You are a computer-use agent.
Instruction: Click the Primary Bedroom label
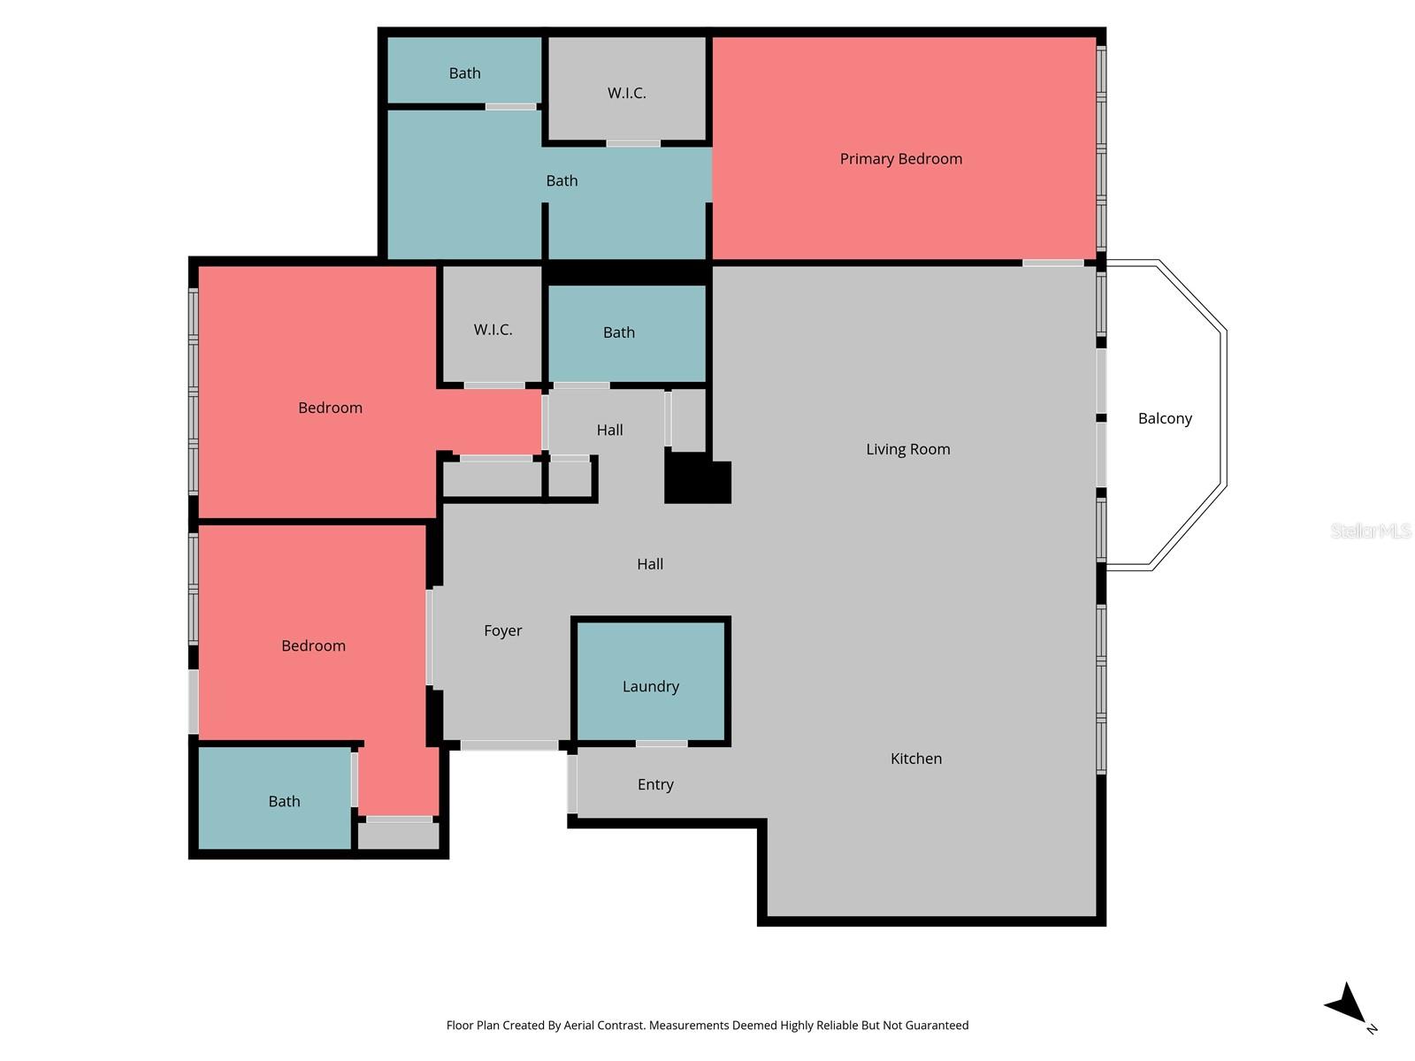(900, 159)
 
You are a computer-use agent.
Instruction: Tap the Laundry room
(651, 685)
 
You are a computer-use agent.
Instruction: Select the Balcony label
(1164, 418)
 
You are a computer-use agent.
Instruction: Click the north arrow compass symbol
(1348, 1006)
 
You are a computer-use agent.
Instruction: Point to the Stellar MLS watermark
(1370, 530)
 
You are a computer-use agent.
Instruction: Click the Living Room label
(907, 449)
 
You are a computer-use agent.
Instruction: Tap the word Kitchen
(915, 759)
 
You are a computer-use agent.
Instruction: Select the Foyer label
(502, 630)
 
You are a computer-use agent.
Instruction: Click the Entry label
(655, 784)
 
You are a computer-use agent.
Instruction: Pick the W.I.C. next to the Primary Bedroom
(626, 93)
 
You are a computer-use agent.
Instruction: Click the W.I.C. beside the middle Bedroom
(493, 330)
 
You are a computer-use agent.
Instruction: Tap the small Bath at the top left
(464, 73)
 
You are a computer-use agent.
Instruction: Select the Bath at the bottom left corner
(284, 801)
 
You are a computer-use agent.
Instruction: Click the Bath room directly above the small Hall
(619, 332)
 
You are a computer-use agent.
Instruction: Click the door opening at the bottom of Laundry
(662, 744)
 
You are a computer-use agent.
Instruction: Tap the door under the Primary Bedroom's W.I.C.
(633, 143)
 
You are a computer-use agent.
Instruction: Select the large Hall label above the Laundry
(650, 564)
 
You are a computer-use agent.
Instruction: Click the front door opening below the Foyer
(509, 745)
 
